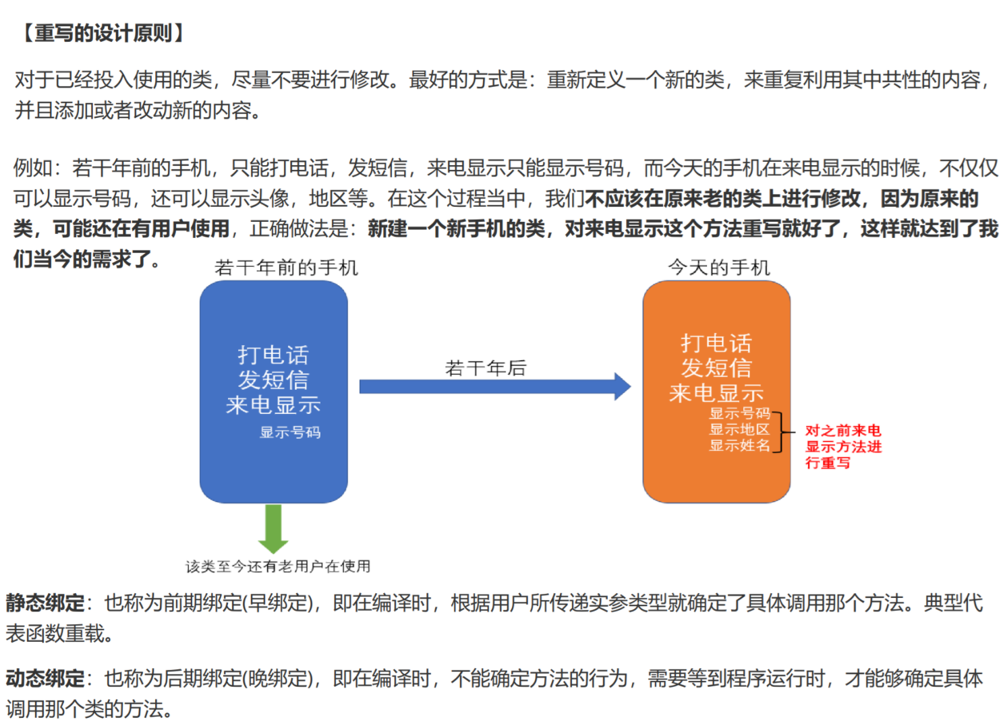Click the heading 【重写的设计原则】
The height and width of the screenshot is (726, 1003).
[x=103, y=33]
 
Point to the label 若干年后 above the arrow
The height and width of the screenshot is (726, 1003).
[x=486, y=368]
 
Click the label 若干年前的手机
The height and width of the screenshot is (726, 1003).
[x=286, y=268]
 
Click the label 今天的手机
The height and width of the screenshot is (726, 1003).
[x=719, y=268]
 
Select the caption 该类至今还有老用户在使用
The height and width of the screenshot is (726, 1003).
[x=278, y=566]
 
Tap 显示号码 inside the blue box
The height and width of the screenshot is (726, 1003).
[x=290, y=432]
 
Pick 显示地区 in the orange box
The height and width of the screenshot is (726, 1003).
[x=739, y=429]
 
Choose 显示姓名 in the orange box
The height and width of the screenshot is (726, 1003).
[x=739, y=446]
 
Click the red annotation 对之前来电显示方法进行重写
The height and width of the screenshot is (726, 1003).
[x=843, y=446]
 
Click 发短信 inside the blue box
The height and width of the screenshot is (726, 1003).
[x=273, y=380]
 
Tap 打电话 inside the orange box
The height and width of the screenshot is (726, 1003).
[x=716, y=343]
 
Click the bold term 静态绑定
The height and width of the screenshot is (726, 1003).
[x=45, y=603]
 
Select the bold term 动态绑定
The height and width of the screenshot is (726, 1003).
[x=45, y=678]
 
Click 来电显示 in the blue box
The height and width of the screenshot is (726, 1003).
[x=273, y=405]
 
